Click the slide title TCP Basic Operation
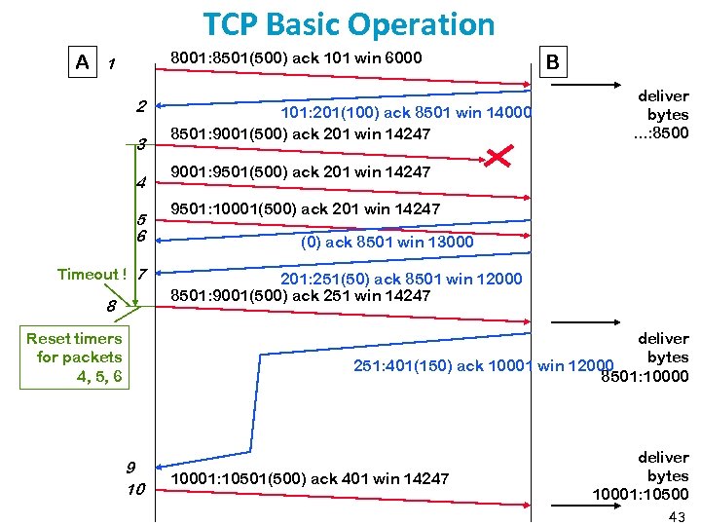coord(349,23)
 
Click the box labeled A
coord(83,62)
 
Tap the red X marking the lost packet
coord(499,155)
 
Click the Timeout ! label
coord(92,274)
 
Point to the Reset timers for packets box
coord(75,357)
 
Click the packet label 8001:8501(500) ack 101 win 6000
coord(296,57)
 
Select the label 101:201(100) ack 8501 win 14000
coord(407,113)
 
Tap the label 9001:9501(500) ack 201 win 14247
coord(300,171)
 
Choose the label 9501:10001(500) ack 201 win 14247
coord(305,208)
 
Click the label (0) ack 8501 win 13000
coord(387,242)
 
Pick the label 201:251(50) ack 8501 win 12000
coord(401,279)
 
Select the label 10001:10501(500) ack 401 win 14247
coord(310,477)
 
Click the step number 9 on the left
coord(130,467)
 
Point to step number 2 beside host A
coord(141,105)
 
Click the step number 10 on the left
coord(135,488)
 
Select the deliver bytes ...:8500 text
coord(662,114)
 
